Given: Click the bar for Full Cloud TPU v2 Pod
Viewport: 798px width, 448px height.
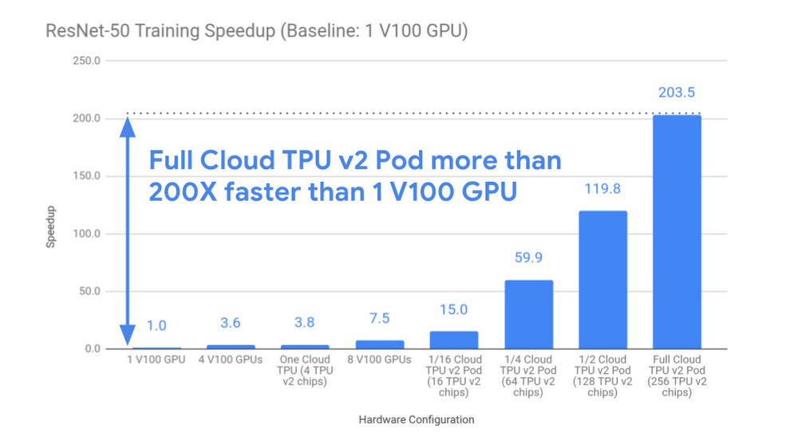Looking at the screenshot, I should point(677,231).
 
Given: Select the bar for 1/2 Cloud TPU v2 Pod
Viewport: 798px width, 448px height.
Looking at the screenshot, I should point(602,279).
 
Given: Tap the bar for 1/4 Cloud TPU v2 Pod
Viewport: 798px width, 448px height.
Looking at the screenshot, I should point(528,314).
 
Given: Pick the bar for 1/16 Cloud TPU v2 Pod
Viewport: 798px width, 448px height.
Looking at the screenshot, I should point(454,340).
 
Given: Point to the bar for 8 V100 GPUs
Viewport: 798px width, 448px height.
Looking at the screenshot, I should point(380,344).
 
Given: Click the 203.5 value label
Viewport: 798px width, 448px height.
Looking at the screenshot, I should point(677,92).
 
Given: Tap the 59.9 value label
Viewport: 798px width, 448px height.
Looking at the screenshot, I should point(528,257).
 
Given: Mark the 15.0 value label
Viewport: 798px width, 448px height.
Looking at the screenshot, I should point(454,310).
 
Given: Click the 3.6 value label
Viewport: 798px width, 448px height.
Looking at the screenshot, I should point(231,323).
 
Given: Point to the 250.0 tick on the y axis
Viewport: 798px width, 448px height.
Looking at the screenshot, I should point(86,61).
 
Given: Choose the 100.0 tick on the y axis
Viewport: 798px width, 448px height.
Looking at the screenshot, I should point(86,234).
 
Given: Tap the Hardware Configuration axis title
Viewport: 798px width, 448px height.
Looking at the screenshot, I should point(416,419).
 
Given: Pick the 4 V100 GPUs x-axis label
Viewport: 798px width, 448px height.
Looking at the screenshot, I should point(231,360).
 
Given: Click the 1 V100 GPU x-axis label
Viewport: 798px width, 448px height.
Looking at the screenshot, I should point(157,360).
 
